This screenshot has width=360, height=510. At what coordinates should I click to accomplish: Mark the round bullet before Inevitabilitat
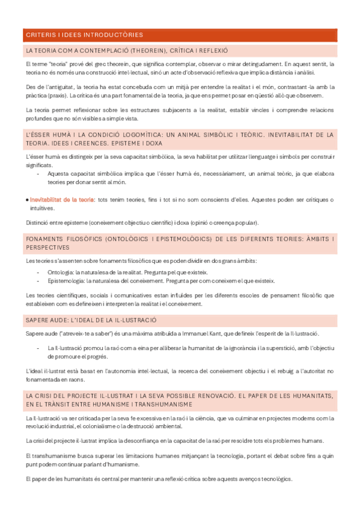[x=28, y=199]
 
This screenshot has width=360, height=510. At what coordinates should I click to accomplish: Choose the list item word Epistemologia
[x=66, y=280]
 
